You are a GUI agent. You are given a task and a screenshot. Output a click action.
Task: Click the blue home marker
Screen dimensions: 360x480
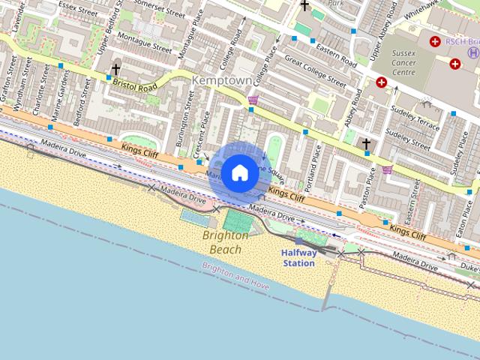click(x=239, y=172)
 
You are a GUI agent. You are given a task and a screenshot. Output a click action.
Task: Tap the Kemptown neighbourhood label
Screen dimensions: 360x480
click(x=217, y=79)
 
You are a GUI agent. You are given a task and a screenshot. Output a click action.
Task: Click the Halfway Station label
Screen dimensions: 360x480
click(x=298, y=258)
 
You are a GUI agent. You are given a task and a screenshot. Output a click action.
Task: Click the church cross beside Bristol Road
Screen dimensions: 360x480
click(x=115, y=70)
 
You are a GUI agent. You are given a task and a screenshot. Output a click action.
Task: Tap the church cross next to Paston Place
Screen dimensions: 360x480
click(x=366, y=143)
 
